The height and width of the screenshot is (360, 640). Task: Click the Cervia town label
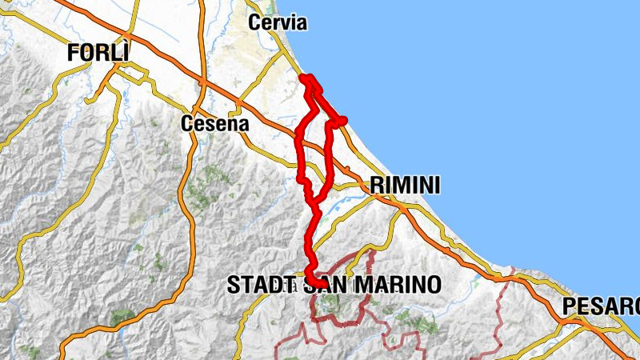click(278, 22)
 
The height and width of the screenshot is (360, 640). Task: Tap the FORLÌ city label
click(98, 54)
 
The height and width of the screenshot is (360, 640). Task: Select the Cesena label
click(215, 124)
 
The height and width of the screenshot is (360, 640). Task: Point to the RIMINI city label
click(405, 186)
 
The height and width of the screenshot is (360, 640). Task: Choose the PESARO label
click(600, 306)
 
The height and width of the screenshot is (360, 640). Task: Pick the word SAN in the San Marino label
click(328, 284)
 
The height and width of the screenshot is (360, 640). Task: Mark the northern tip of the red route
click(305, 77)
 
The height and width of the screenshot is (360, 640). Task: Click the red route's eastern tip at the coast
click(344, 120)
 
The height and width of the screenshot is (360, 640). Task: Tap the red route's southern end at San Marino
click(310, 278)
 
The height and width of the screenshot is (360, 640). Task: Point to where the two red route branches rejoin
click(314, 200)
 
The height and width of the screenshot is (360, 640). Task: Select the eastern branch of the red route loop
click(330, 156)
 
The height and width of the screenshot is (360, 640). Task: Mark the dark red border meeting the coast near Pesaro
click(513, 270)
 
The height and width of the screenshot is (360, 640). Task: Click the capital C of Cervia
click(255, 22)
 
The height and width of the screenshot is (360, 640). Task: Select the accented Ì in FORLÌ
click(123, 54)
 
